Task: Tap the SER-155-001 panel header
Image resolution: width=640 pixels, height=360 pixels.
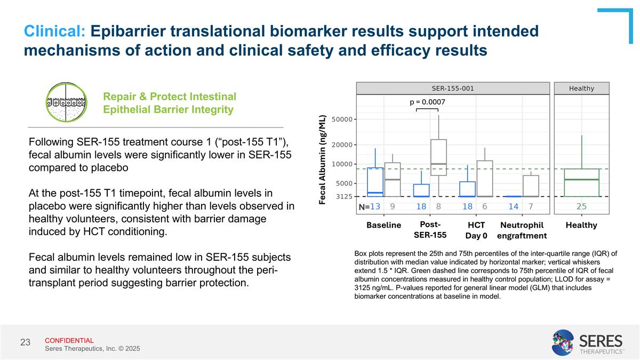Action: coord(452,89)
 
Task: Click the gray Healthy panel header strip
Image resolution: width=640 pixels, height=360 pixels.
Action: coord(581,89)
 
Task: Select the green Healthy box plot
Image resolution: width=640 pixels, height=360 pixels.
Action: coord(581,182)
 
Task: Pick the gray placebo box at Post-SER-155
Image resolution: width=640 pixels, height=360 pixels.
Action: coord(438,157)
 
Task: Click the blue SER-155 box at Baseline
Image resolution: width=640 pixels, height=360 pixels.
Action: coord(375,182)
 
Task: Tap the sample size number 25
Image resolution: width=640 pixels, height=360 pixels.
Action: coord(581,206)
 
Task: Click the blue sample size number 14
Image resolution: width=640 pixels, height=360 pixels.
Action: coord(513,206)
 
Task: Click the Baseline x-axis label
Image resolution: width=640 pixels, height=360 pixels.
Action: coord(384,225)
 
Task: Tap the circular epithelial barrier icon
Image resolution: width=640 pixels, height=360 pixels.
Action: coord(65,102)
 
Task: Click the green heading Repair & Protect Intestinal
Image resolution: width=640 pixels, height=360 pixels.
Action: coord(170,97)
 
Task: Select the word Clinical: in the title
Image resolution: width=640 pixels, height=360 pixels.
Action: coord(54,31)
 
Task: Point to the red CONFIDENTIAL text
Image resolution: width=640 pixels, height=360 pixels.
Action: coord(69,340)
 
